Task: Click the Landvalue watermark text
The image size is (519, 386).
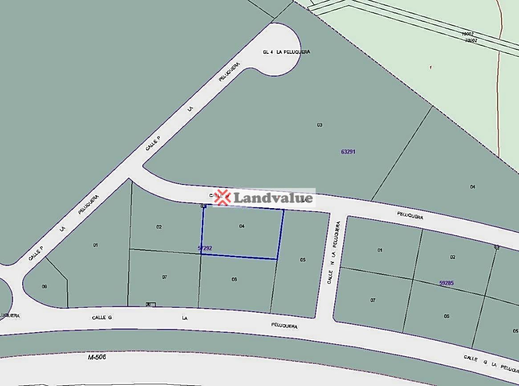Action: pyautogui.click(x=273, y=197)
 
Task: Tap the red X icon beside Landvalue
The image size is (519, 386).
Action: pyautogui.click(x=222, y=197)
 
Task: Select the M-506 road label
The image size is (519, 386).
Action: pyautogui.click(x=97, y=357)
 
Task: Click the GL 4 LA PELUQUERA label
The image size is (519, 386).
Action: pyautogui.click(x=286, y=52)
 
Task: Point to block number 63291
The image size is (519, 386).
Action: pyautogui.click(x=348, y=152)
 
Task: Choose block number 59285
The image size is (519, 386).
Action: pyautogui.click(x=446, y=283)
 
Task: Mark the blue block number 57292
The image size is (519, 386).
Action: pyautogui.click(x=205, y=248)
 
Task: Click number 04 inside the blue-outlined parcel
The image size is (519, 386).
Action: pyautogui.click(x=242, y=226)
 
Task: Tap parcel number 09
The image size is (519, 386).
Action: pyautogui.click(x=45, y=286)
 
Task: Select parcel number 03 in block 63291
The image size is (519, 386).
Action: pyautogui.click(x=320, y=125)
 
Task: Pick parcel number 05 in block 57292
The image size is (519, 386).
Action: pyautogui.click(x=303, y=260)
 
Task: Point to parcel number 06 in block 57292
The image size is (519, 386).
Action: pyautogui.click(x=234, y=279)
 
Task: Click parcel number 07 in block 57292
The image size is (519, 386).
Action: pyautogui.click(x=165, y=277)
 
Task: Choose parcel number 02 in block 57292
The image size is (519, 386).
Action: pyautogui.click(x=159, y=227)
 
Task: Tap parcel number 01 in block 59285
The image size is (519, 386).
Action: pyautogui.click(x=380, y=250)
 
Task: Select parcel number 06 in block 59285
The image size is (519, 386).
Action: pyautogui.click(x=446, y=316)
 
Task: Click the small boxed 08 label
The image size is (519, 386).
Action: pyautogui.click(x=149, y=305)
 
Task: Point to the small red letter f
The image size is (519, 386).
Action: pyautogui.click(x=430, y=68)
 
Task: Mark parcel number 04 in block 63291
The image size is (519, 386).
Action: pyautogui.click(x=472, y=187)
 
